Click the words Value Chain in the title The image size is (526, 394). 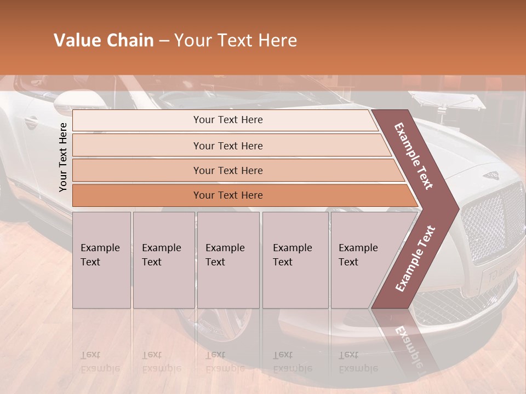[104, 40]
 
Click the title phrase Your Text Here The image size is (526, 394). [236, 40]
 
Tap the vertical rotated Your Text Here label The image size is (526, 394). [63, 157]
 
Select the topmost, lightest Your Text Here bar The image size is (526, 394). [227, 120]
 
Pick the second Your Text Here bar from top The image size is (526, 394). [227, 146]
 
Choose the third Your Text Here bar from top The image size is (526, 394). [227, 170]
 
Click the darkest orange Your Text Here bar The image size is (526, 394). [227, 195]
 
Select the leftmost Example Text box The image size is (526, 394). [101, 260]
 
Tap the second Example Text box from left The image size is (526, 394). [163, 260]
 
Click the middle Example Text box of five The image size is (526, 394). [228, 260]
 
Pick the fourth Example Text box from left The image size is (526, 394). [295, 260]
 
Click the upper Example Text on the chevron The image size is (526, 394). [414, 156]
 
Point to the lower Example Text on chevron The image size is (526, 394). [415, 258]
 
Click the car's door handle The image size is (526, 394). [30, 121]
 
